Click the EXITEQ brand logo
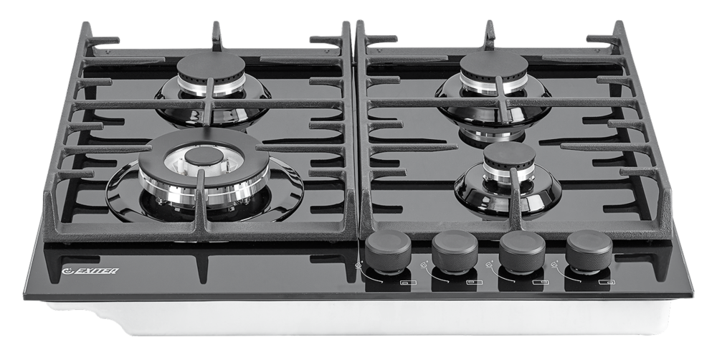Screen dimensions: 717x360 point(90,271)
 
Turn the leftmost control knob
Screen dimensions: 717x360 point(388,251)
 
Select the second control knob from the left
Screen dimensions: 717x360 point(455,252)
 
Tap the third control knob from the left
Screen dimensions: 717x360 point(522,252)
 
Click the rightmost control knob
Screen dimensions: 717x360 point(589,251)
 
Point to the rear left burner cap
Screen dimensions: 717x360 point(212,65)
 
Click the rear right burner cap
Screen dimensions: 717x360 point(494,65)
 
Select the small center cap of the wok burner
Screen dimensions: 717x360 point(204,156)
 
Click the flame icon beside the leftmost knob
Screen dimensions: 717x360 point(358,265)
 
